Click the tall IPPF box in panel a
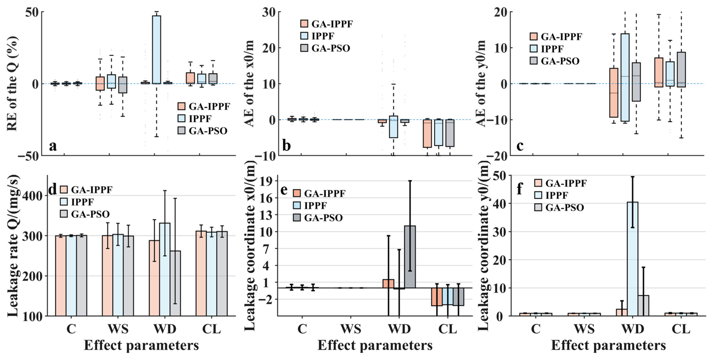tap(156, 50)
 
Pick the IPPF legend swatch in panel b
tap(304, 36)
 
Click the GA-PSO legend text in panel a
tap(208, 131)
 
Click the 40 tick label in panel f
tap(500, 204)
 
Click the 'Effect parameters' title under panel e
tap(375, 345)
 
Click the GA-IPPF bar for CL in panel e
tap(437, 297)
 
